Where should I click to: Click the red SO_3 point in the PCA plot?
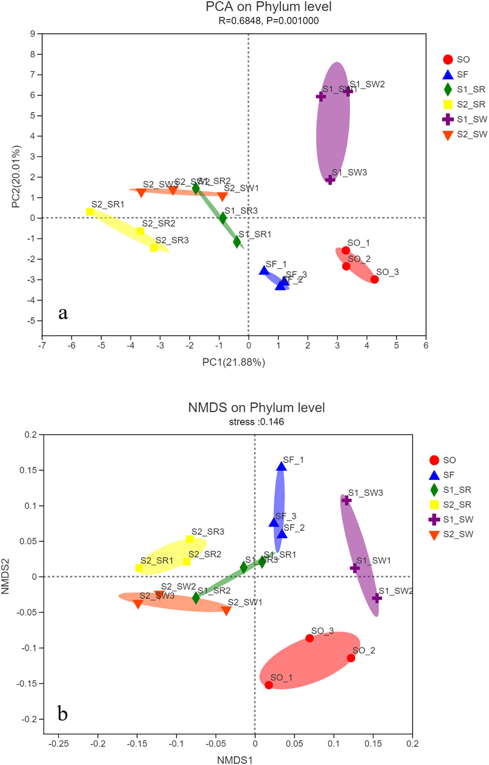click(x=374, y=279)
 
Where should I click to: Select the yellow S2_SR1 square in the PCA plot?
click(x=90, y=212)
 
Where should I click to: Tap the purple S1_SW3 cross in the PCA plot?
click(x=330, y=180)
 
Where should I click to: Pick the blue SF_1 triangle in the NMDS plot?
click(x=281, y=467)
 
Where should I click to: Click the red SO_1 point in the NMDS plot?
click(x=269, y=685)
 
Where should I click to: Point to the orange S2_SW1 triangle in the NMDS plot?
click(x=226, y=611)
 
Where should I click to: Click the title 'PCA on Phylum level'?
click(x=268, y=7)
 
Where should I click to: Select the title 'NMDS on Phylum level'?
click(x=256, y=408)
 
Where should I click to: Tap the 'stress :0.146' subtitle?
click(x=256, y=422)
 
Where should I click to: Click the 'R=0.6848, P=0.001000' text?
click(x=268, y=21)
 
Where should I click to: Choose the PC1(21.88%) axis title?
click(x=234, y=362)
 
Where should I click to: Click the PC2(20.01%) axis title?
click(x=16, y=177)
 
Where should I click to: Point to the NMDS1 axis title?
click(x=234, y=760)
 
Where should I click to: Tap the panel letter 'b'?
click(x=62, y=713)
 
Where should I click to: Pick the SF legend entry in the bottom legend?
click(x=442, y=475)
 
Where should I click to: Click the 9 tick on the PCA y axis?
click(x=33, y=34)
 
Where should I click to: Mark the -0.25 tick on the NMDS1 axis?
click(x=58, y=744)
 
